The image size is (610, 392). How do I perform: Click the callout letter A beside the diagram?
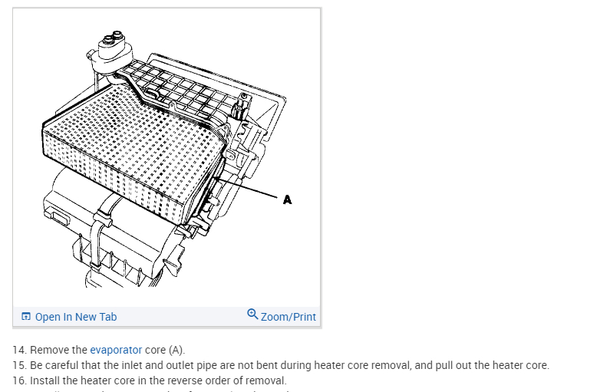pos(287,199)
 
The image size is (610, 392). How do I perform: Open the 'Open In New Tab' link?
pos(76,317)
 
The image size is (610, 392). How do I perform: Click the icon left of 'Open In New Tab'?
pos(26,317)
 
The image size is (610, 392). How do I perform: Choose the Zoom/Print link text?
pos(288,317)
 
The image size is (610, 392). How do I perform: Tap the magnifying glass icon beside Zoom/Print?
pos(252,315)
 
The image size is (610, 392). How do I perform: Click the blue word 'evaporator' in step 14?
pos(116,350)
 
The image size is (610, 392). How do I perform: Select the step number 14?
pos(18,350)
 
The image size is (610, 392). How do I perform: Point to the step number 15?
pos(18,365)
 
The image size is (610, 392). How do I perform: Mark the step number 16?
pos(18,380)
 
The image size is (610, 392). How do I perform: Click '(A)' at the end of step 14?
pos(176,350)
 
